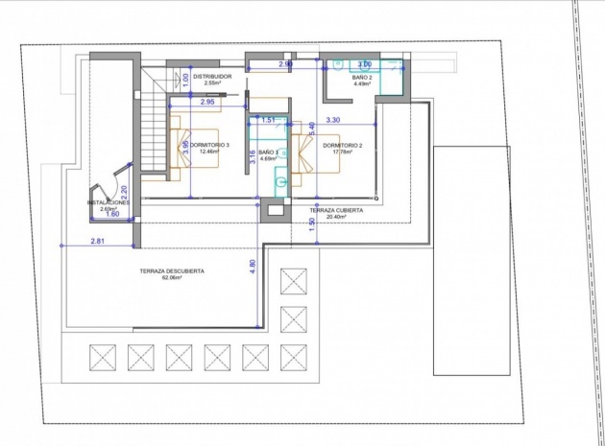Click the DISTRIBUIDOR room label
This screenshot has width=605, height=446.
pos(212,75)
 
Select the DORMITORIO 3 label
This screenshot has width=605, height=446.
pos(209,144)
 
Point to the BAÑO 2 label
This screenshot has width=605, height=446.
pos(362,76)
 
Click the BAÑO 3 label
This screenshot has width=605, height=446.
pos(268,153)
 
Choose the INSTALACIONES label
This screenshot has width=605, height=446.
pos(108,202)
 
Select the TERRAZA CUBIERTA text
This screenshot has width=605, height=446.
pos(335,209)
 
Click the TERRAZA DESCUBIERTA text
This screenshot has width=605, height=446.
pos(172,270)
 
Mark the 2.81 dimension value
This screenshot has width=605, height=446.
pos(99,240)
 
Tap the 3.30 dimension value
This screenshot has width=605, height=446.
pos(333,120)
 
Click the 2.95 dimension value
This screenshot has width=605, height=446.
pos(207,101)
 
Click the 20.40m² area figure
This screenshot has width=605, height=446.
pos(335,217)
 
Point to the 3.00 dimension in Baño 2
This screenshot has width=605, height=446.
pos(365,64)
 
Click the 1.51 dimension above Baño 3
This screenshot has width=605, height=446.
pos(270,121)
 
